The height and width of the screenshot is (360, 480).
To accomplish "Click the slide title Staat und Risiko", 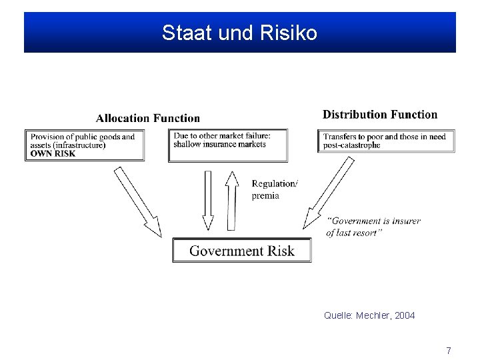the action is tap(239, 33).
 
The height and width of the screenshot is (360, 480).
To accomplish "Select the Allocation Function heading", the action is tap(147, 119).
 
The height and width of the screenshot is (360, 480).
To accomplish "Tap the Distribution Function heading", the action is tap(380, 115).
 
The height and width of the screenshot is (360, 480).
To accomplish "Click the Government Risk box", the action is tap(241, 251).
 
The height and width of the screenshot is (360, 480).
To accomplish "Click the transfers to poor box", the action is tap(385, 141).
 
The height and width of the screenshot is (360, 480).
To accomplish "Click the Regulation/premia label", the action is tap(275, 189).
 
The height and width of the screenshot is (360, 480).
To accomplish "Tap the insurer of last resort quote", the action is tap(373, 227).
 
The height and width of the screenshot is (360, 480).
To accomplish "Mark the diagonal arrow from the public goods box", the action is tap(138, 201).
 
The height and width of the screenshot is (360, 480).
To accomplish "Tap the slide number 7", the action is tap(449, 350).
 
